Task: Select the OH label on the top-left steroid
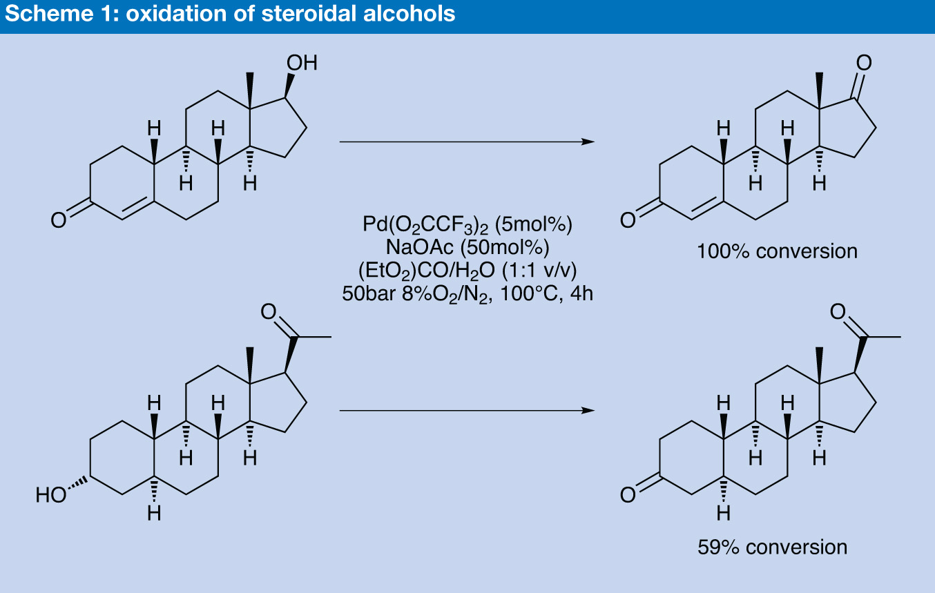click(x=302, y=63)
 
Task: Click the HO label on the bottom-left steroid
click(x=51, y=495)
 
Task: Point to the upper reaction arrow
click(x=467, y=142)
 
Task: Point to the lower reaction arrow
click(x=467, y=411)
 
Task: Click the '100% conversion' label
click(x=778, y=251)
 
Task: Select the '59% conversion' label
click(x=773, y=547)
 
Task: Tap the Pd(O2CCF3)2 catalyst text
click(x=425, y=225)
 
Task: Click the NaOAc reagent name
click(x=419, y=247)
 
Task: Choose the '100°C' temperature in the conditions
click(x=529, y=293)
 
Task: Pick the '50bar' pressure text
click(x=369, y=293)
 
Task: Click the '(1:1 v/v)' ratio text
click(x=539, y=271)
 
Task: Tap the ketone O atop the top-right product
click(x=864, y=63)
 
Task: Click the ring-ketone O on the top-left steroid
click(x=59, y=220)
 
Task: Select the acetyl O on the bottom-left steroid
click(x=269, y=311)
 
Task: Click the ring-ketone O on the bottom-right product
click(x=628, y=495)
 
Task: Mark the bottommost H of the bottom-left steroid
click(x=154, y=513)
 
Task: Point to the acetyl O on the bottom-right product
click(x=838, y=311)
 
